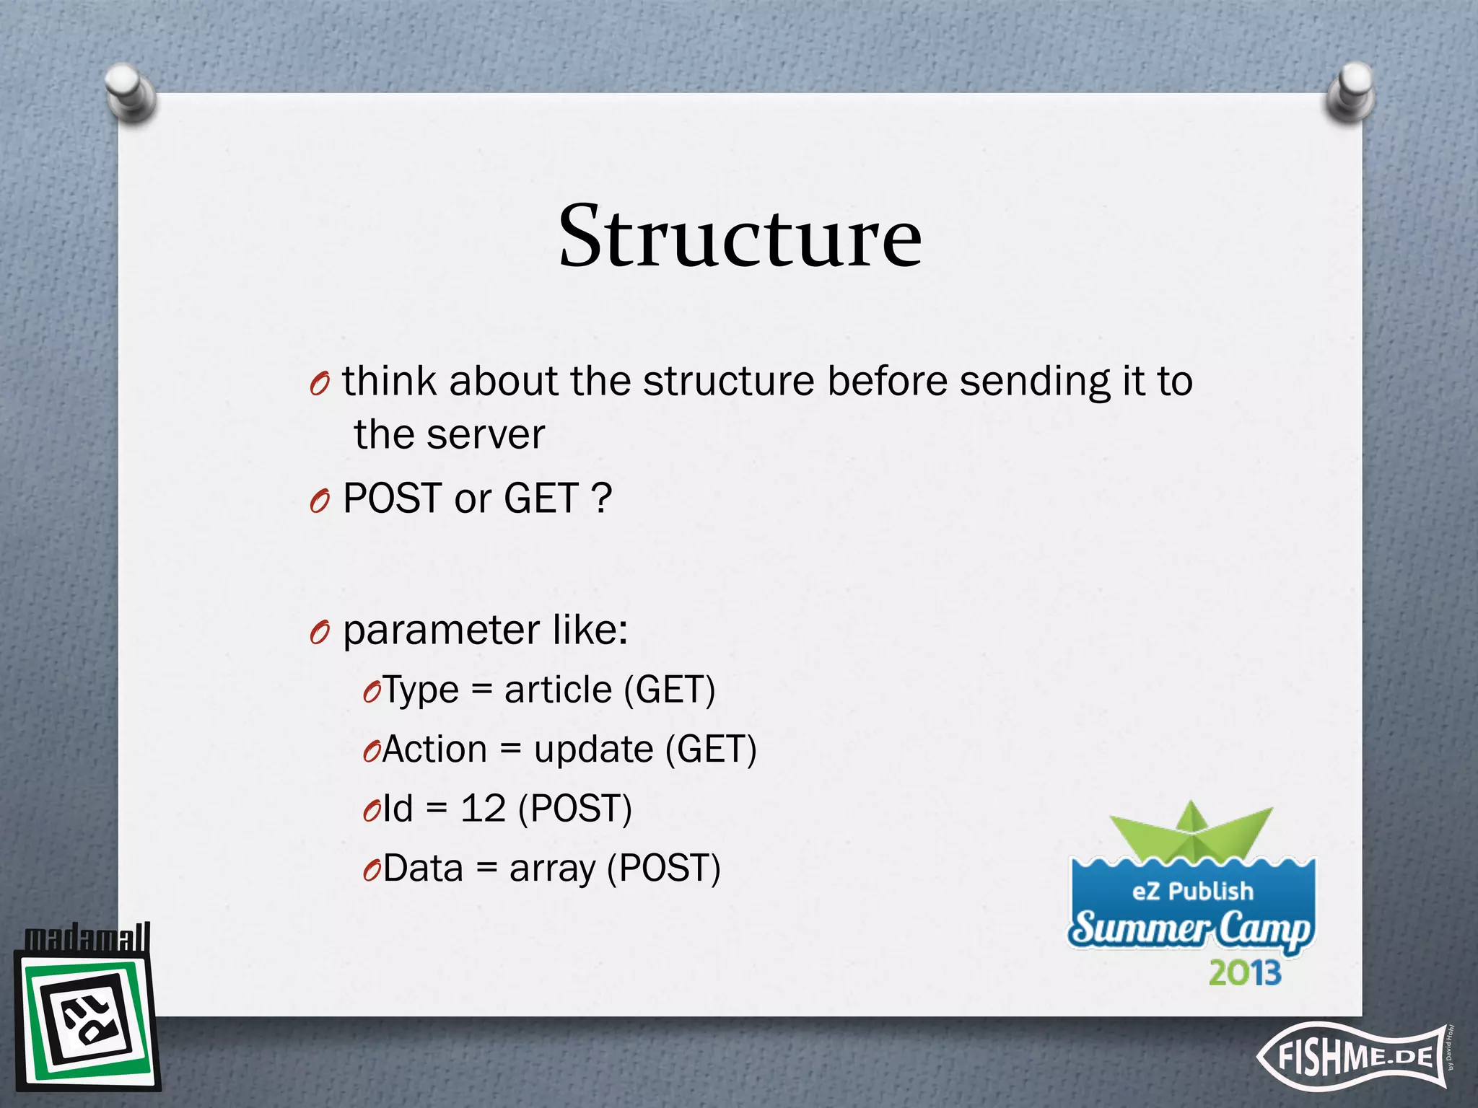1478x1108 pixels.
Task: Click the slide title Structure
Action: [740, 237]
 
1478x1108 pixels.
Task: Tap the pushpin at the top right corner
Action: [1350, 92]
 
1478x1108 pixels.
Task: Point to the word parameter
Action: [441, 630]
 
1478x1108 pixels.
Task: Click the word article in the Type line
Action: [558, 690]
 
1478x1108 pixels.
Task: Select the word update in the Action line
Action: [593, 749]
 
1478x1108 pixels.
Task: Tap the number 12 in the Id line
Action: [483, 809]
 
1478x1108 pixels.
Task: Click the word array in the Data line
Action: [552, 869]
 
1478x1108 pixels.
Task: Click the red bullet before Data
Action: [371, 871]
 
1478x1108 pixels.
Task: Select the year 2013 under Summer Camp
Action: [1245, 973]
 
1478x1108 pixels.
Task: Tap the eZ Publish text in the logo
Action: [1192, 892]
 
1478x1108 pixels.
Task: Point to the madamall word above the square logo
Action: [87, 938]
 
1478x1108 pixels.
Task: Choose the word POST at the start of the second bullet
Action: [392, 498]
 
